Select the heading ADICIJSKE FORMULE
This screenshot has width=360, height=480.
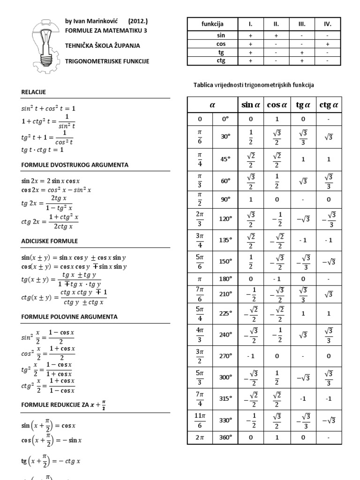[x=50, y=241]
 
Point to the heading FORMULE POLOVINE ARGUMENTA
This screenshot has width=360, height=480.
[x=69, y=317]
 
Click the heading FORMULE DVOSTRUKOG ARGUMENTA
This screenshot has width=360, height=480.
[x=75, y=165]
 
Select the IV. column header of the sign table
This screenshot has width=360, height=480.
[x=328, y=24]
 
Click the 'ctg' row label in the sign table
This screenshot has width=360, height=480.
[x=221, y=60]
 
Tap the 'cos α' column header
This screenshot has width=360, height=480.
[x=277, y=105]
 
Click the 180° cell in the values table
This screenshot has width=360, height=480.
[x=226, y=278]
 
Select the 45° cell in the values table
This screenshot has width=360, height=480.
[x=226, y=159]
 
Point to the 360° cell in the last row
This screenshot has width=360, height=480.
[x=226, y=437]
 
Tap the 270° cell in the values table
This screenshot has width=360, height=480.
[x=226, y=356]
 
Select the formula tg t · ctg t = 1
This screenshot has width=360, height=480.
[x=42, y=150]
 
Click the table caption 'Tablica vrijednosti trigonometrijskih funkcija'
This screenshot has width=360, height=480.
[x=254, y=85]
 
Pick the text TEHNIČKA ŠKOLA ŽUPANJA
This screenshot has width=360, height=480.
[x=102, y=45]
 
